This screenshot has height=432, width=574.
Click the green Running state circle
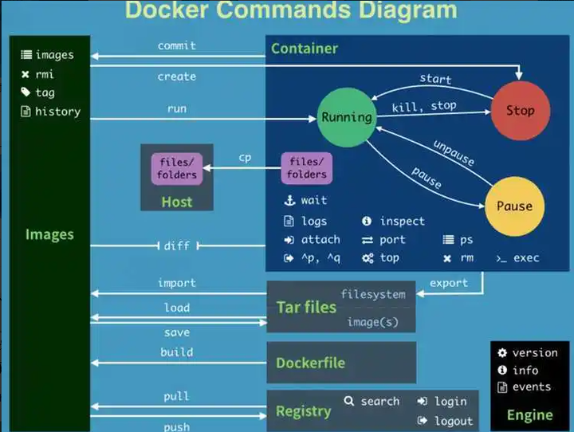point(346,117)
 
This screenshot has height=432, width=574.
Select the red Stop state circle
point(520,111)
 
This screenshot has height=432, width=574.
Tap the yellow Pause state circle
point(514,206)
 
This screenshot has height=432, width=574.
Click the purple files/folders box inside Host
point(176,168)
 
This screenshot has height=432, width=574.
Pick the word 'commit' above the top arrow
point(177,46)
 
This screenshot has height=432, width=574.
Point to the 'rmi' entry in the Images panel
point(45,74)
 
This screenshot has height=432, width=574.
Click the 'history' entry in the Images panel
point(57,112)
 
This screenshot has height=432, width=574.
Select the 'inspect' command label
point(402,222)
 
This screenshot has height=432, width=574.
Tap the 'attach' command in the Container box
point(320,240)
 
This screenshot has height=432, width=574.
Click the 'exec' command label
point(526,258)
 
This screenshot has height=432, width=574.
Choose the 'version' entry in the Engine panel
point(535,352)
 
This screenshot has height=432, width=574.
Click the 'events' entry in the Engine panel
point(532,387)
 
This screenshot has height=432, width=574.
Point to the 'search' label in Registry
point(379,401)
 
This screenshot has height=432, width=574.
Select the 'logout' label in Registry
point(454,421)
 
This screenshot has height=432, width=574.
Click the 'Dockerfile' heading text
point(310,363)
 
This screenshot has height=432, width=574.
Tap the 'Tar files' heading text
point(306,308)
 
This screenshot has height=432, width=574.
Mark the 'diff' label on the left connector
point(176,246)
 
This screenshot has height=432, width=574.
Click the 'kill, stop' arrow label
point(424,106)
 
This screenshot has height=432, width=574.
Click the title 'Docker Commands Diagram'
point(291,11)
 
